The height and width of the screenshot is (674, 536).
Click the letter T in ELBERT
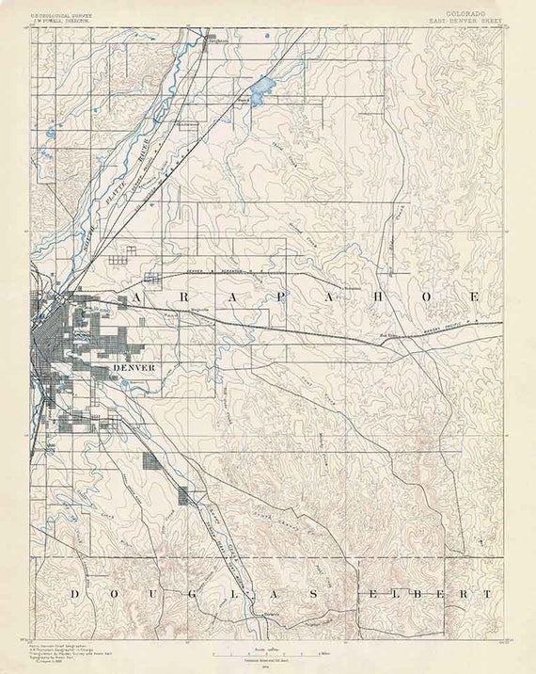coord(487,594)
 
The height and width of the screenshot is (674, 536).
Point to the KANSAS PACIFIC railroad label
coord(442,330)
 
